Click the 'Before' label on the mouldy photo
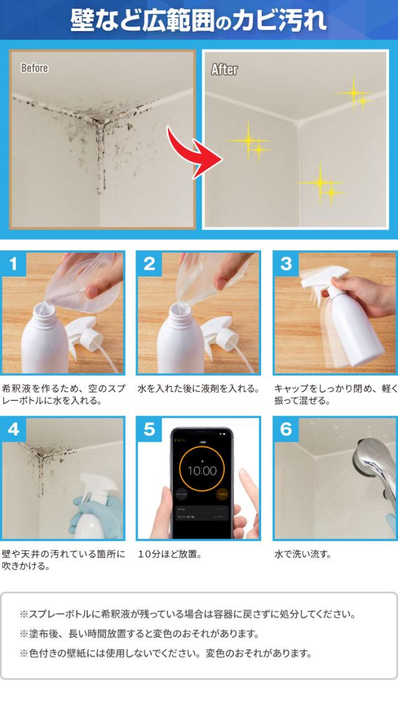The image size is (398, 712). [x=34, y=68]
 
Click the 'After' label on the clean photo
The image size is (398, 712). [x=224, y=69]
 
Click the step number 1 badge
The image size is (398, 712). [x=14, y=263]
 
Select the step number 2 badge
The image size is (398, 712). [x=149, y=263]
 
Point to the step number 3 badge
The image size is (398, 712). [x=286, y=263]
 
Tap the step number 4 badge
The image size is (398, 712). [x=14, y=429]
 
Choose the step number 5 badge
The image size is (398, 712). [x=149, y=429]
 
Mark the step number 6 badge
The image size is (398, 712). [x=286, y=429]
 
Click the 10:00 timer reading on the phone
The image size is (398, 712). [x=201, y=471]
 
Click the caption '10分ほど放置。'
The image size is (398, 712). [x=170, y=554]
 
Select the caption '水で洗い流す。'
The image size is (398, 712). [x=303, y=554]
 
